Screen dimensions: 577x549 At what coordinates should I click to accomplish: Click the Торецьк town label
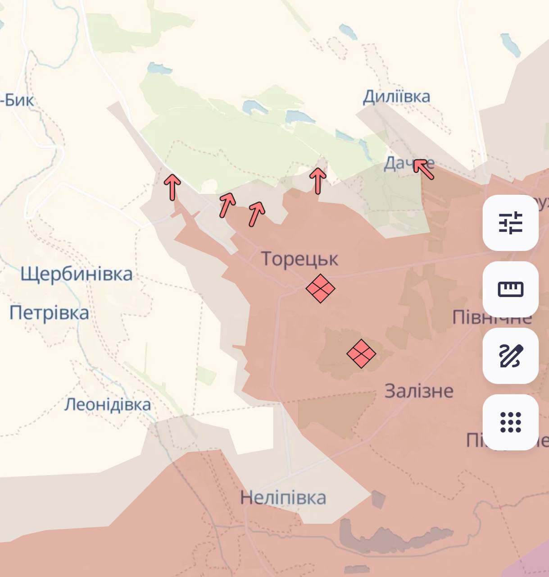(299, 259)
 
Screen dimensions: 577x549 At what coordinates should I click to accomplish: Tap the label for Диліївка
(396, 96)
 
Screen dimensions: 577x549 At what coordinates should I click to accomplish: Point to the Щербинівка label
(77, 274)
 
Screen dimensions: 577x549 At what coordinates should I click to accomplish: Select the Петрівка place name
(49, 313)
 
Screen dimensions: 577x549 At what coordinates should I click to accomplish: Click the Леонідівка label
(108, 404)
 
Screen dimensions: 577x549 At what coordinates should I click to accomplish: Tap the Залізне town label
(419, 391)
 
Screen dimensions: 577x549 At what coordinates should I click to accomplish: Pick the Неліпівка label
(283, 498)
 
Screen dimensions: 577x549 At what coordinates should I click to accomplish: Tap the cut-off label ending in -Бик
(17, 100)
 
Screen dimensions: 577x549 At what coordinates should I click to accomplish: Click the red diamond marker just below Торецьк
(320, 288)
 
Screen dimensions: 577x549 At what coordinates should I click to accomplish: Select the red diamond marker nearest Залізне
(361, 353)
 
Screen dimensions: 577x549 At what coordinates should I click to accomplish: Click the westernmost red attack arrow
(172, 187)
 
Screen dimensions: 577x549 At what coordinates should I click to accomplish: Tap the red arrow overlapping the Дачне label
(423, 169)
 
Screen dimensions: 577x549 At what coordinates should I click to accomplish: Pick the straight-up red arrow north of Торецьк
(318, 180)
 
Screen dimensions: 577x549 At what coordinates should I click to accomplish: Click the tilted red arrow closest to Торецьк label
(256, 213)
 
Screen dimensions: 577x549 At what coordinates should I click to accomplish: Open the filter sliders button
(510, 223)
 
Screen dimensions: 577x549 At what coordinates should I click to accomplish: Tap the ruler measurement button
(510, 289)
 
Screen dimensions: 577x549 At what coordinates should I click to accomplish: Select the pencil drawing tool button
(510, 356)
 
